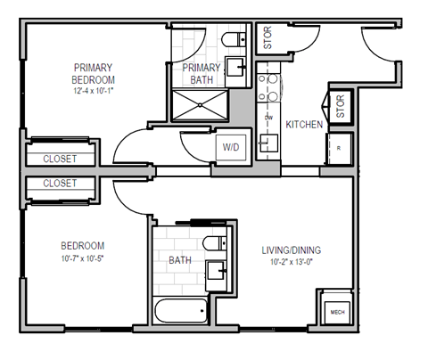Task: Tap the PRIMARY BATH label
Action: [x=202, y=74]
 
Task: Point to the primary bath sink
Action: [x=237, y=67]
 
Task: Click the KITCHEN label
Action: [x=303, y=125]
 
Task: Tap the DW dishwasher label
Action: [x=267, y=117]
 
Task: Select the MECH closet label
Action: [x=337, y=313]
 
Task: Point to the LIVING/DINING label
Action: [x=292, y=250]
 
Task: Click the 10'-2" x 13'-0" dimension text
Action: [x=292, y=264]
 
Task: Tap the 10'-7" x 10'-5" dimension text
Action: [x=82, y=259]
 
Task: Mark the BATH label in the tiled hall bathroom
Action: [x=180, y=260]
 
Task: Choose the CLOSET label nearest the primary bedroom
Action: [x=60, y=159]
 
